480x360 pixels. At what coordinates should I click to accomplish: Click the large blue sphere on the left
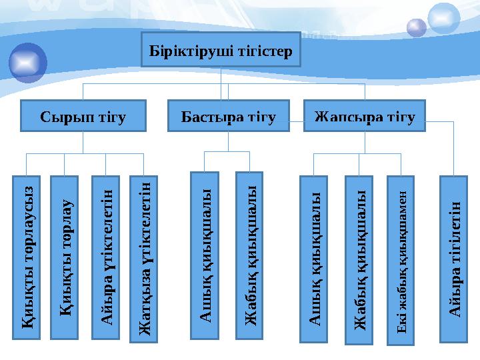[x=28, y=62]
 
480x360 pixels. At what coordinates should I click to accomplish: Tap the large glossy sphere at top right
[x=444, y=18]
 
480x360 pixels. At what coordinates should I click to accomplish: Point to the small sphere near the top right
[x=417, y=27]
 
